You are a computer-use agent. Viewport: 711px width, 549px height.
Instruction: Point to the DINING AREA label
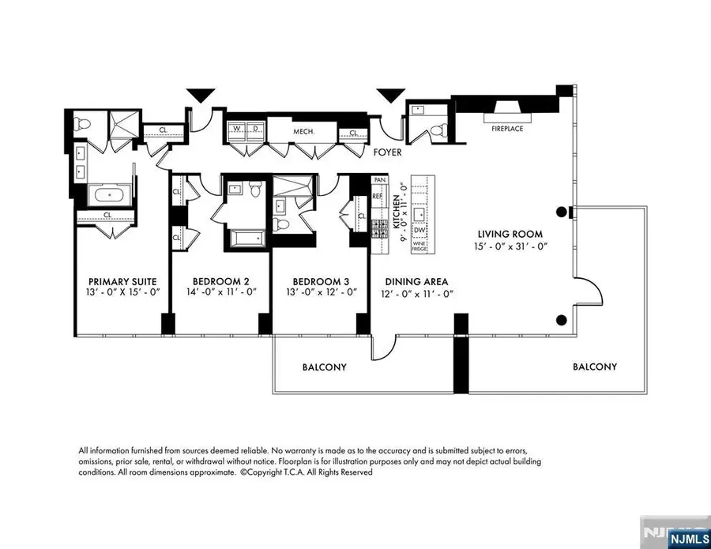(x=416, y=281)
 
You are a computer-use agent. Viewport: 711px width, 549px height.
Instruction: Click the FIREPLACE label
(x=507, y=128)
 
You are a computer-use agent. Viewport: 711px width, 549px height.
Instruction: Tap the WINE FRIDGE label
(x=419, y=246)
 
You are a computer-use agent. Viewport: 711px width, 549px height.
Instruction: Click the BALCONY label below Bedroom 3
(x=324, y=367)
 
